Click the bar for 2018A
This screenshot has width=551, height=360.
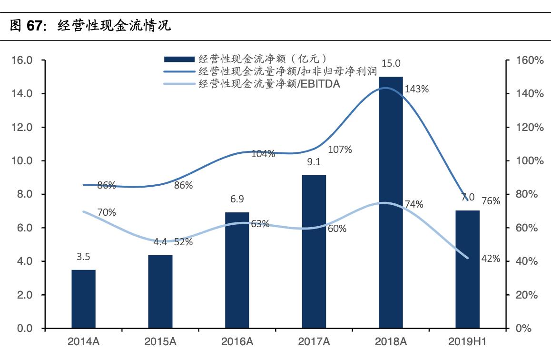tap(391, 202)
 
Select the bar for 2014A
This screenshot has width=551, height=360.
tap(83, 299)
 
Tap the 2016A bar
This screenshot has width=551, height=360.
tap(237, 270)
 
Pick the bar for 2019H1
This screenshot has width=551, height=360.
tap(467, 269)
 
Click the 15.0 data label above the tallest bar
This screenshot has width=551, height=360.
tap(391, 63)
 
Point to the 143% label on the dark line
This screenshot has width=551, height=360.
tap(416, 89)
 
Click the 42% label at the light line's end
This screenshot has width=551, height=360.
tap(490, 259)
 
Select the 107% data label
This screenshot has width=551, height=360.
tap(340, 150)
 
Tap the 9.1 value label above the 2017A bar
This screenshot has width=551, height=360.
tap(314, 162)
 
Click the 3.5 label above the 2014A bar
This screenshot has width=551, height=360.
tap(83, 257)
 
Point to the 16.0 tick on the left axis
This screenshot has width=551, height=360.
tap(22, 60)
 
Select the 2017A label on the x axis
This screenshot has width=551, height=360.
tap(314, 341)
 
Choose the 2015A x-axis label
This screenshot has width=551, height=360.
tap(160, 341)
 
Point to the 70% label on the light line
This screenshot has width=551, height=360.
tap(107, 213)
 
